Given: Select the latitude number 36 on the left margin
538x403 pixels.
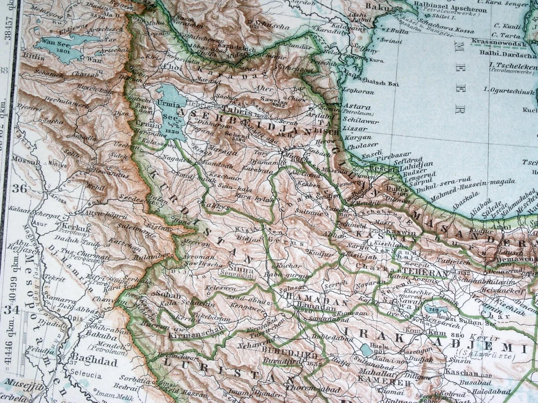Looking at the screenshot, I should [18, 188].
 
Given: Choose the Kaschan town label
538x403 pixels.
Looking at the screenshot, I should [462, 373].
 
